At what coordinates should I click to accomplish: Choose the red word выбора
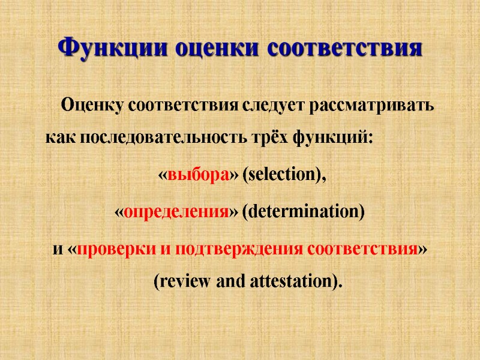[199, 175]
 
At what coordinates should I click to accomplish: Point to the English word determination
[303, 212]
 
